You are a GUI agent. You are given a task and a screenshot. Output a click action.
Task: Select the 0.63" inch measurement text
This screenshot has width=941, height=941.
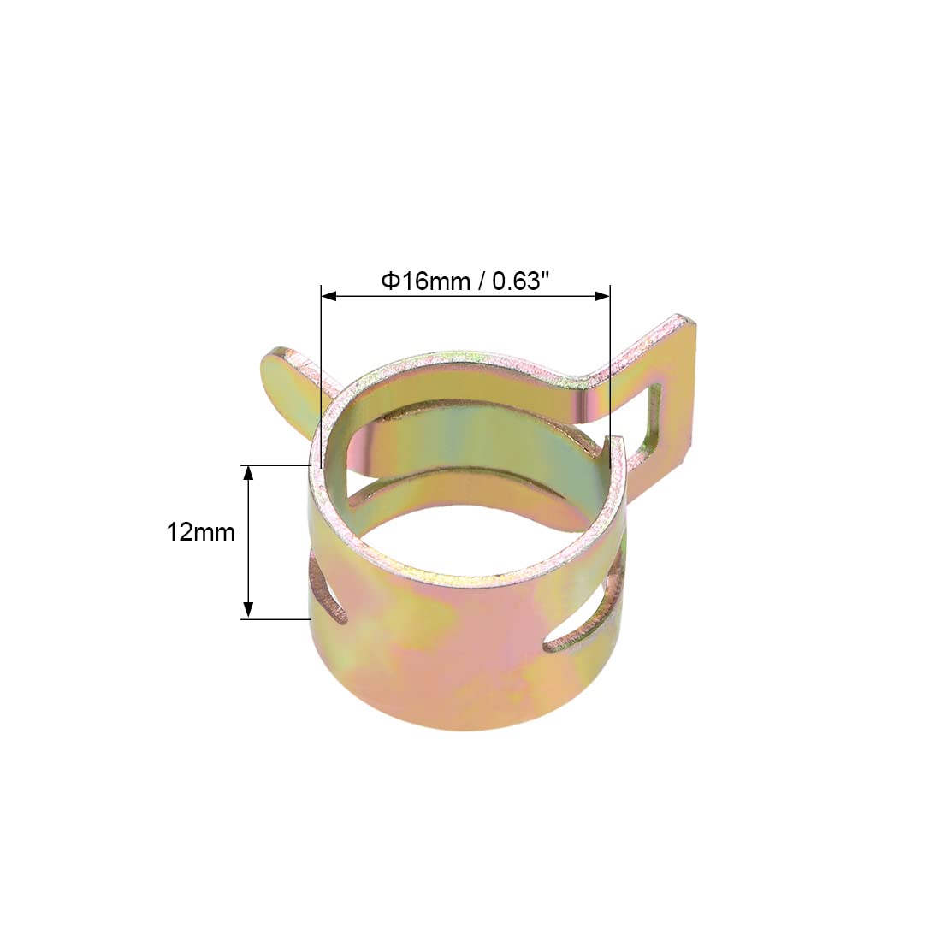(x=521, y=281)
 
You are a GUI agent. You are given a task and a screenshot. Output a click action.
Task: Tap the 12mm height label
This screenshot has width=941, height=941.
(x=200, y=532)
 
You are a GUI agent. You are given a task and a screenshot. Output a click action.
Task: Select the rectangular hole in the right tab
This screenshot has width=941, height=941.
(x=650, y=421)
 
